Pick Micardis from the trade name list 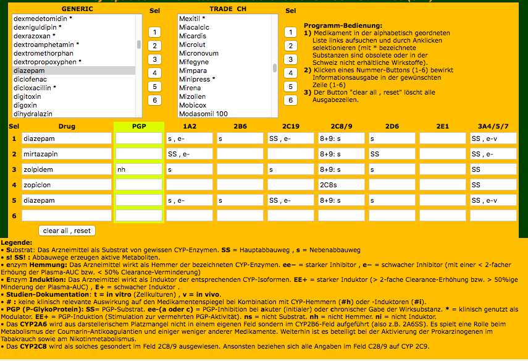193,36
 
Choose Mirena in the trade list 190,88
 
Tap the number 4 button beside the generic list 155,73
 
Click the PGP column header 139,127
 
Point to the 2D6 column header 392,127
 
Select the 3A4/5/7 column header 493,127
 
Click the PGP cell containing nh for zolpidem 139,169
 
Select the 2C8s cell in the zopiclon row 342,184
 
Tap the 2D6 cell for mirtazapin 392,153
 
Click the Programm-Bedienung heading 343,25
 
